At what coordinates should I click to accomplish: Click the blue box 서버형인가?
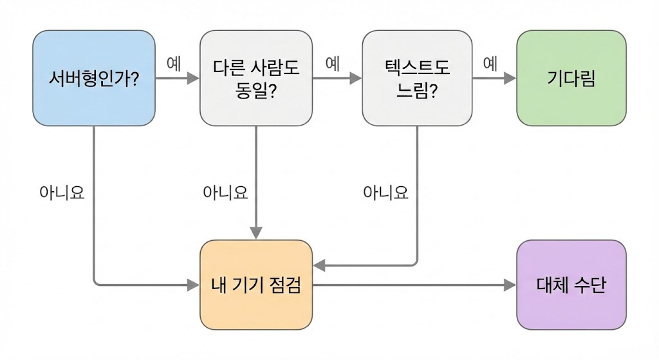pos(94,78)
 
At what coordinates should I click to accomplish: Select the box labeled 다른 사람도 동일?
pos(256,78)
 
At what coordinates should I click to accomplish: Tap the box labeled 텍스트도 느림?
pos(417,78)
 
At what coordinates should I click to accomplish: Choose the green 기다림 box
pos(571,78)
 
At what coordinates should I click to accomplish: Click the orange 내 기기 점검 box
pos(256,285)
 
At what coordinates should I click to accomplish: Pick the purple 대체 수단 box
pos(571,285)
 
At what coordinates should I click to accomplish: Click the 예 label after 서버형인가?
pos(174,63)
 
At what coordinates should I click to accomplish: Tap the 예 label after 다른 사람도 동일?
pos(333,63)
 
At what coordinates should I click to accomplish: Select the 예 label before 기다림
pos(490,63)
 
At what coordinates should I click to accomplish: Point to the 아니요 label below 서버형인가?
pos(62,193)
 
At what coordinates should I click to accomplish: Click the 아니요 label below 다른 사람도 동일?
pos(225,193)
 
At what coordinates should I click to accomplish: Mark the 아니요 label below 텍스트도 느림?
pos(385,193)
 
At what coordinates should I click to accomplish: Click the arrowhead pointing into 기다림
pos(510,79)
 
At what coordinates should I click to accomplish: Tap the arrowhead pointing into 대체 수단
pos(510,285)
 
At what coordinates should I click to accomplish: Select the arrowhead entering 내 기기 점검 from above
pos(256,232)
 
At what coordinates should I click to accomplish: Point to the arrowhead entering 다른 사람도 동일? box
pos(193,79)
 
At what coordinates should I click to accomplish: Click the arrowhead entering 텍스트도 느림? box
pos(355,79)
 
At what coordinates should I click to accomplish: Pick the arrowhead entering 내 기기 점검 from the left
pos(193,284)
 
